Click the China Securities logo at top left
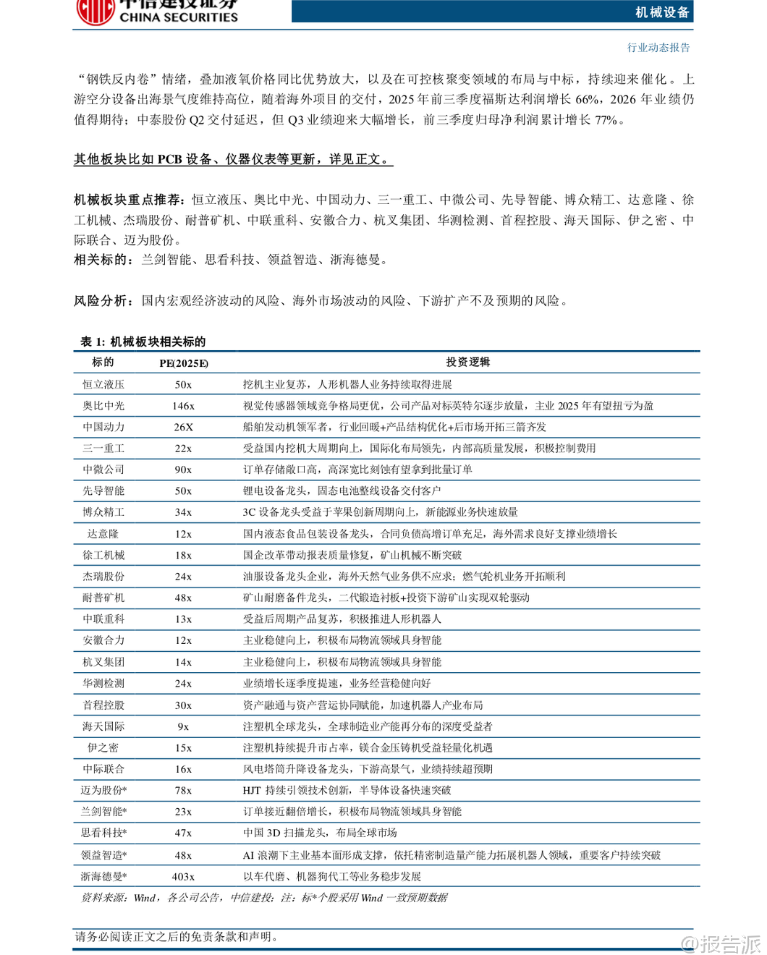(x=96, y=11)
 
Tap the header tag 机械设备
(x=662, y=12)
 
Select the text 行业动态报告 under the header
(x=658, y=48)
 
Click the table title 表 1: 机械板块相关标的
(x=143, y=341)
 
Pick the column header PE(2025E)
(x=183, y=362)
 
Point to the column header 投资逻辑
(x=467, y=362)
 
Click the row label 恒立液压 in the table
(x=103, y=384)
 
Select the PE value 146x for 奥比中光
(x=183, y=406)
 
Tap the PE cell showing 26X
(x=183, y=427)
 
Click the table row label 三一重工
(x=103, y=449)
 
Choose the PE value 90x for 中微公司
(x=183, y=470)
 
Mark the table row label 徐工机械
(x=103, y=555)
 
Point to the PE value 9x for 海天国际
(x=183, y=726)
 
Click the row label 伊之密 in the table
(x=103, y=747)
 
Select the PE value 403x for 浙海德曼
(x=183, y=876)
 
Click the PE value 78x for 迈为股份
(x=183, y=790)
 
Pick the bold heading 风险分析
(x=102, y=300)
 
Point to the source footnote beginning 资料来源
(x=263, y=898)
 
